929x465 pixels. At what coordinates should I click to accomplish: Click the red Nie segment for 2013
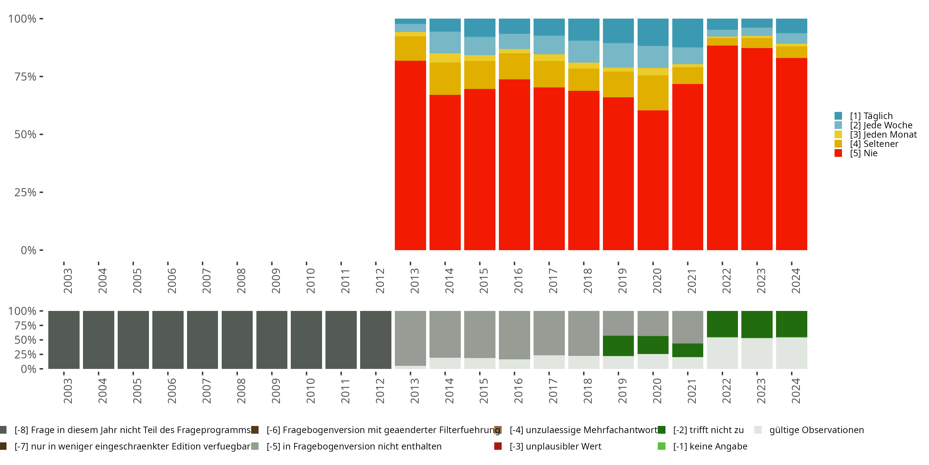click(410, 155)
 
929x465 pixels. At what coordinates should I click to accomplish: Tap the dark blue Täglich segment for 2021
click(687, 33)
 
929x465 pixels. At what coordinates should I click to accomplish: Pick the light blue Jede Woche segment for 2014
click(445, 42)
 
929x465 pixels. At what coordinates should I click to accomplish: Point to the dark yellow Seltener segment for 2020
click(653, 92)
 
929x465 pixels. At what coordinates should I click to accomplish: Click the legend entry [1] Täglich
click(871, 116)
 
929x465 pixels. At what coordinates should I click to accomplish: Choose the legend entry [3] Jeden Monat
click(883, 135)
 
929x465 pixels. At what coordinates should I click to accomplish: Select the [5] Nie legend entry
click(863, 153)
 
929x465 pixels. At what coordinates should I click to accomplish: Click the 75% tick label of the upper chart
click(25, 77)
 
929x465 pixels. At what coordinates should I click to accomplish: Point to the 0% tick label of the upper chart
click(28, 250)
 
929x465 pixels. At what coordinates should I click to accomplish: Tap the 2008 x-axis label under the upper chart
click(241, 281)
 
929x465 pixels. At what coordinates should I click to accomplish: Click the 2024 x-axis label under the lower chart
click(796, 391)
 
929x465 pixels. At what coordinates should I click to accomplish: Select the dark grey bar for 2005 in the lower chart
click(133, 340)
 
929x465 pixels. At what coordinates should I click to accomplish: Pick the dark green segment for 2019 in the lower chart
click(618, 346)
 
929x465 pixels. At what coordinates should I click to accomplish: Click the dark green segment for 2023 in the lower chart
click(757, 324)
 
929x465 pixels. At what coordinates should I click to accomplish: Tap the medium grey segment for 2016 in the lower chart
click(514, 335)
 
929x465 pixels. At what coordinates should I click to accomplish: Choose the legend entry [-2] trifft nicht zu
click(708, 430)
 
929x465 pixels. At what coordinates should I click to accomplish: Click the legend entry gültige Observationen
click(816, 430)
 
